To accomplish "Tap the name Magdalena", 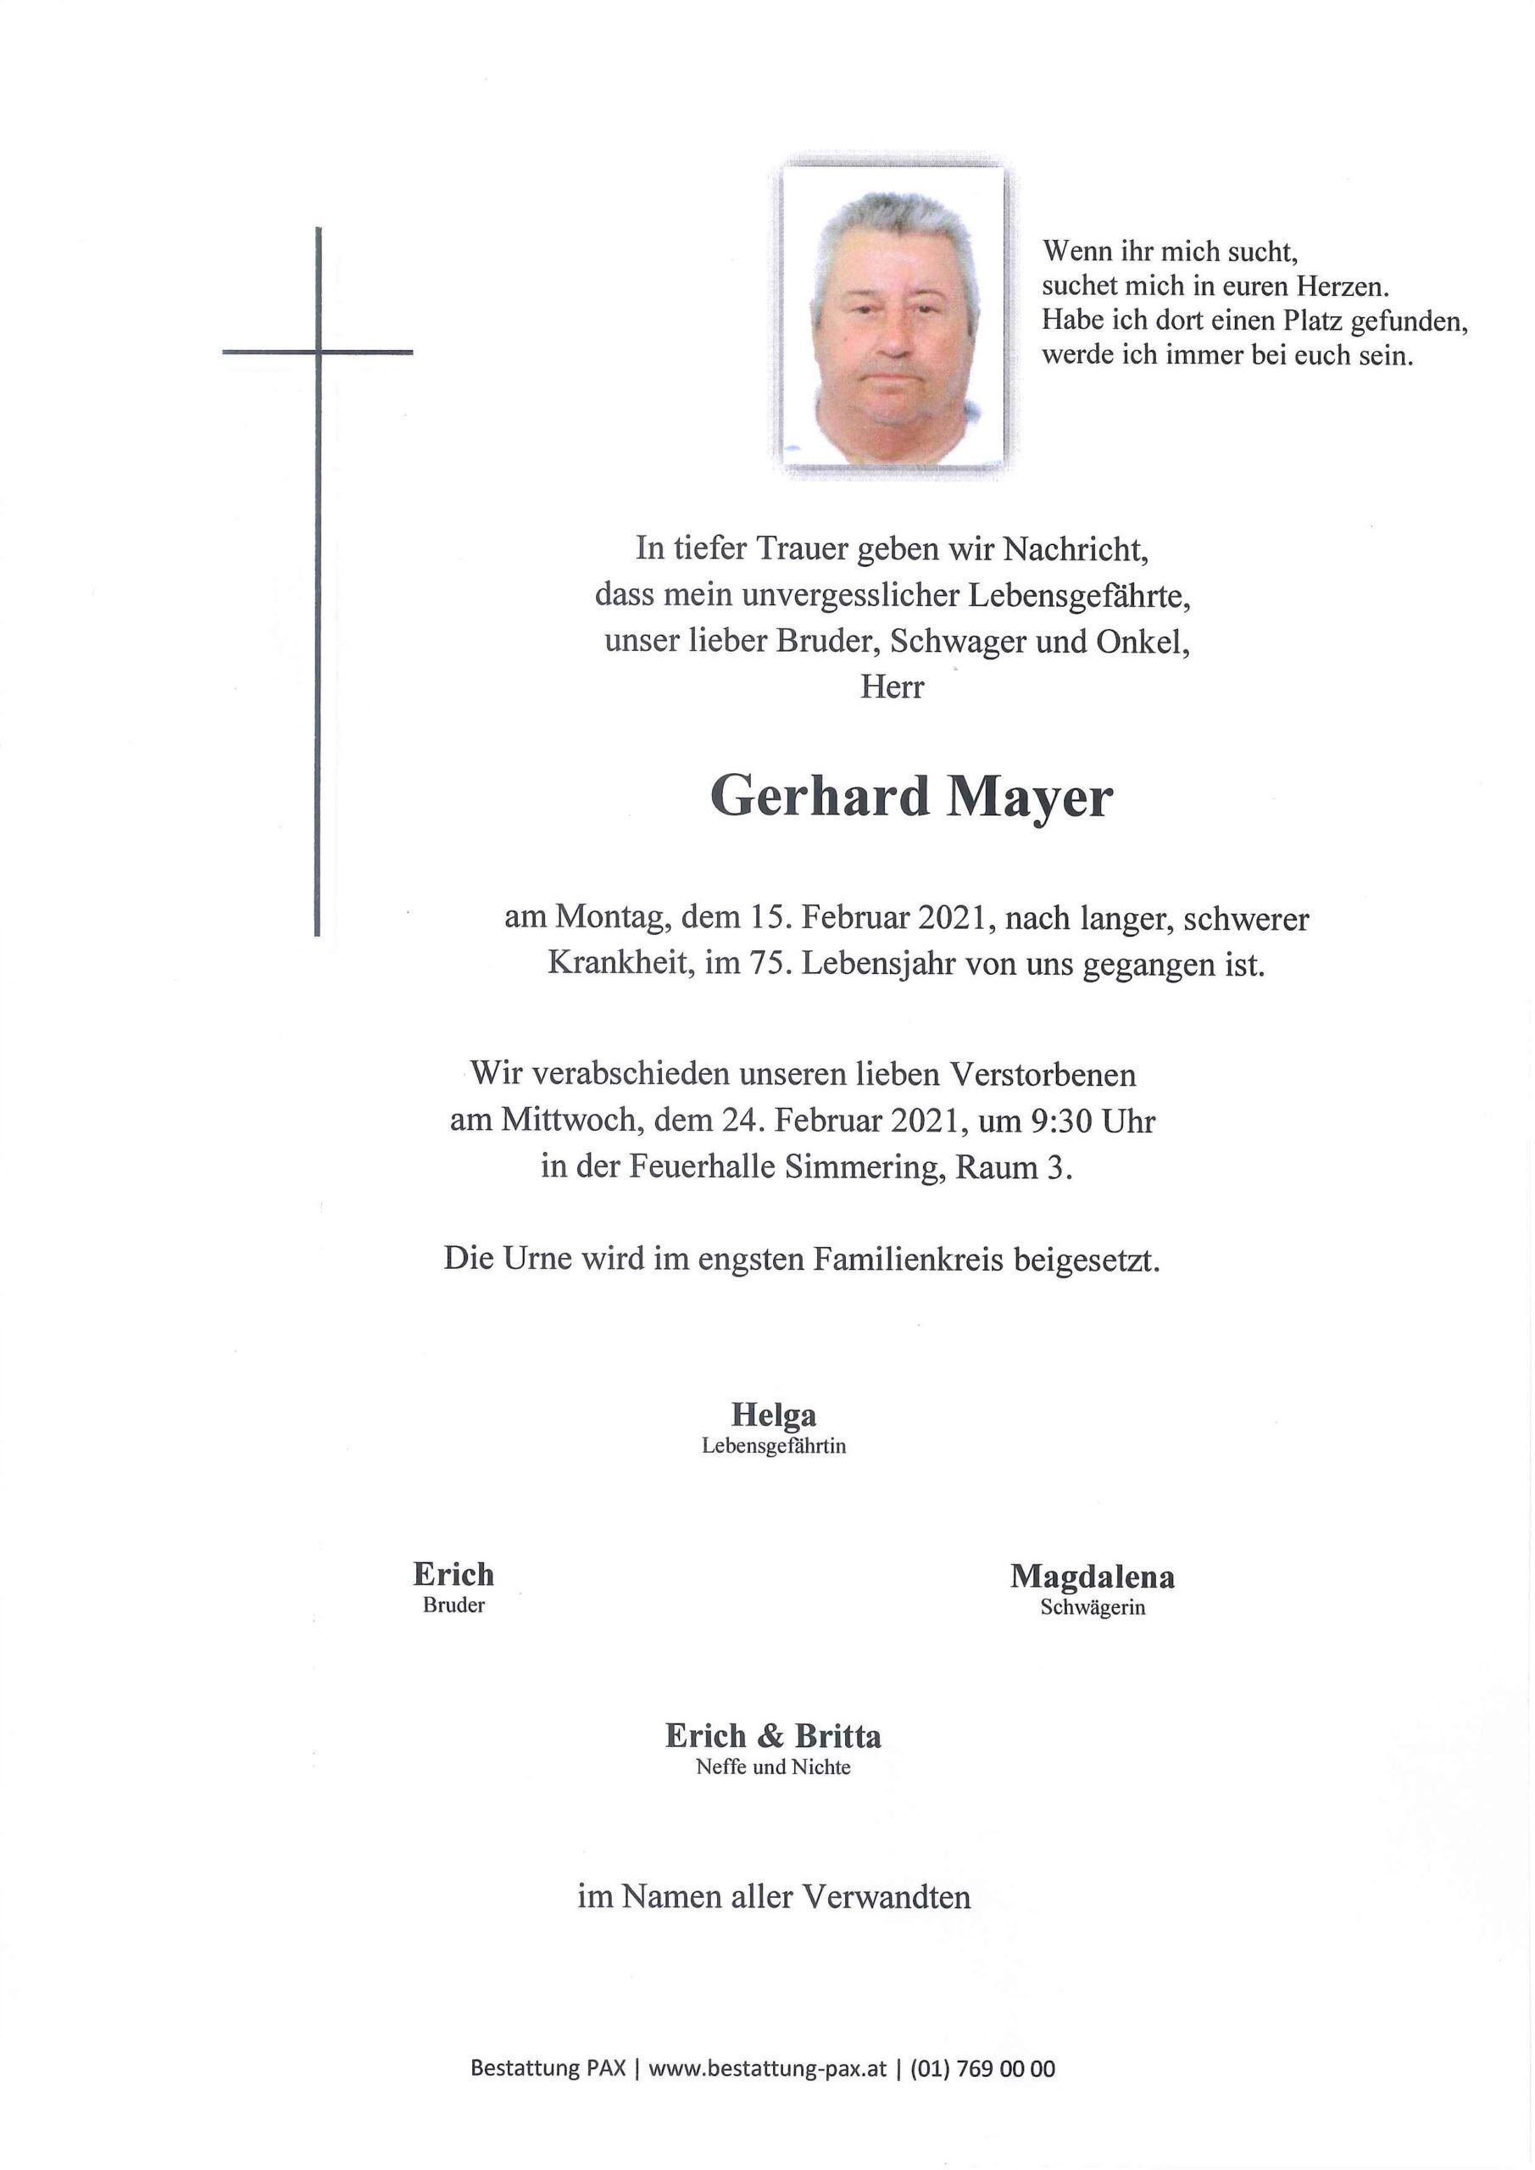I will (1093, 1577).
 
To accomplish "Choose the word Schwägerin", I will (1093, 1608).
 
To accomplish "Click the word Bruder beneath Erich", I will (453, 1605).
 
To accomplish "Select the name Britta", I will (837, 1736).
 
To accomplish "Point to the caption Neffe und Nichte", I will (773, 1767).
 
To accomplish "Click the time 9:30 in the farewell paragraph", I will (1058, 1121).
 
